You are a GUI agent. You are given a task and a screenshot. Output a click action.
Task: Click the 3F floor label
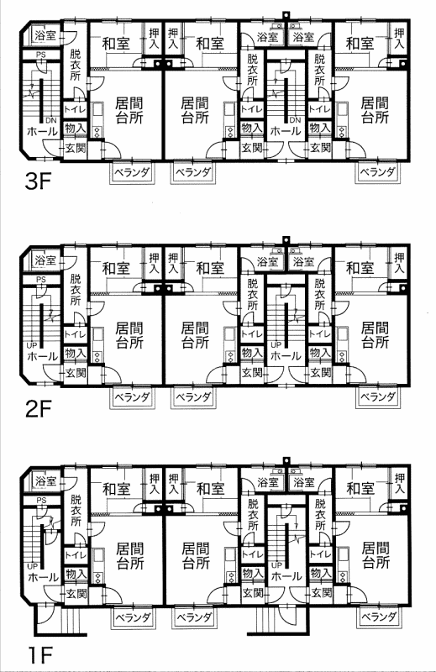pyautogui.click(x=39, y=183)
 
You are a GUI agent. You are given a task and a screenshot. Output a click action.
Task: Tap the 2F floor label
pyautogui.click(x=39, y=411)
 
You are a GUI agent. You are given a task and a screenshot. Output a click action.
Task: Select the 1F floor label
pyautogui.click(x=39, y=654)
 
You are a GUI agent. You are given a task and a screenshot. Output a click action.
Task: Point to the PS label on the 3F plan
pyautogui.click(x=41, y=55)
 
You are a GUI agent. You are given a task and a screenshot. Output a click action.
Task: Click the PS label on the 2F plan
pyautogui.click(x=41, y=280)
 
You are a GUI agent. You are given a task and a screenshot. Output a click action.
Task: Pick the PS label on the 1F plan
pyautogui.click(x=42, y=500)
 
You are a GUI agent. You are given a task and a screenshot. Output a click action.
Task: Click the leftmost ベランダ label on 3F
pyautogui.click(x=132, y=173)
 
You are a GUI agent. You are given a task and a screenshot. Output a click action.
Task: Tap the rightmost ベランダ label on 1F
pyautogui.click(x=378, y=617)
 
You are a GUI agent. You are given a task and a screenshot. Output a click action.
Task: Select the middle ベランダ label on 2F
pyautogui.click(x=194, y=397)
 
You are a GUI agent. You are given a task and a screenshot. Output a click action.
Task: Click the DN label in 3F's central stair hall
pyautogui.click(x=295, y=120)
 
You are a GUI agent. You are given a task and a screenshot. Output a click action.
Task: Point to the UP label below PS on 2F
pyautogui.click(x=32, y=345)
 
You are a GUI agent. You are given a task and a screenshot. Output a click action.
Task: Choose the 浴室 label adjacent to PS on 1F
pyautogui.click(x=46, y=480)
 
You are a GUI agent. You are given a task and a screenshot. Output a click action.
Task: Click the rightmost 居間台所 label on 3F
pyautogui.click(x=375, y=110)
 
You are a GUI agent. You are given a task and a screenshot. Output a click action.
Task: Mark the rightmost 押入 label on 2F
pyautogui.click(x=399, y=263)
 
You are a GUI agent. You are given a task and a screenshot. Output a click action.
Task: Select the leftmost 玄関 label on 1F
pyautogui.click(x=76, y=594)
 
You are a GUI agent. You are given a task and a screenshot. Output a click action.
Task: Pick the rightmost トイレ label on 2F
pyautogui.click(x=319, y=333)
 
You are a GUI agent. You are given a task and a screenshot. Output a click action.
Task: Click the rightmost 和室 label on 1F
pyautogui.click(x=360, y=489)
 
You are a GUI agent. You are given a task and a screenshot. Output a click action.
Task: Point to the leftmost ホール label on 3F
pyautogui.click(x=42, y=131)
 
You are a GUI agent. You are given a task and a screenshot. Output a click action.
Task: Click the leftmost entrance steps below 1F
pyautogui.click(x=68, y=620)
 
